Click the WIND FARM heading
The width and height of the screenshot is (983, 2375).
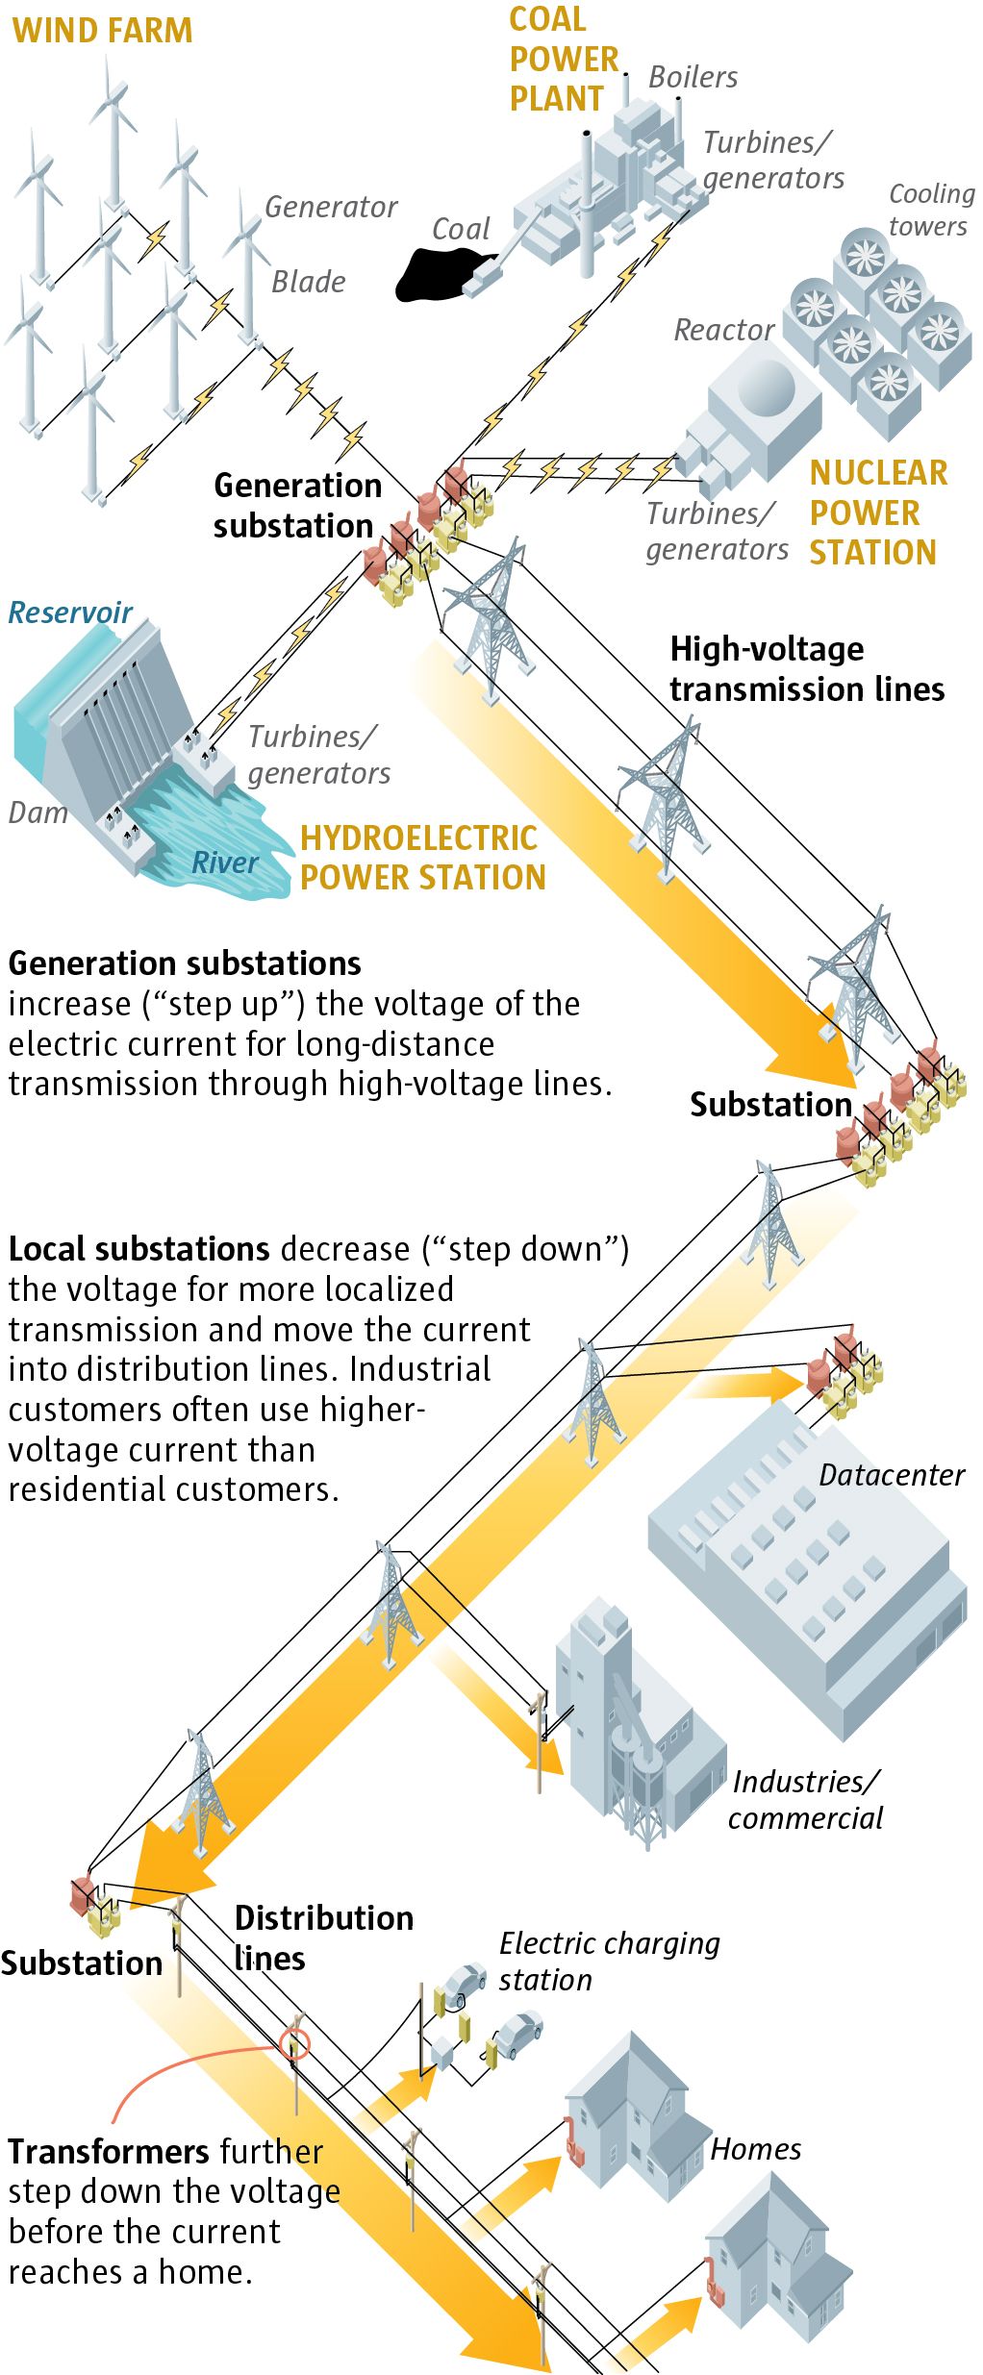coord(102,31)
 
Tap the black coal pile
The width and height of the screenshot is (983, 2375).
coord(441,273)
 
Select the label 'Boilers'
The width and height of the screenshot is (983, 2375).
coord(693,77)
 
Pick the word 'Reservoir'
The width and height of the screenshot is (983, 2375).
coord(70,612)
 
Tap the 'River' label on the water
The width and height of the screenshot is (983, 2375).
coord(224,862)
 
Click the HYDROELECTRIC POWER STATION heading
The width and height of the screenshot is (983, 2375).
coord(422,858)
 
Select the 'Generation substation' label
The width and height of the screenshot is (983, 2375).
coord(296,506)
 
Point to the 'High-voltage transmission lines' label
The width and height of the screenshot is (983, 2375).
coord(806,669)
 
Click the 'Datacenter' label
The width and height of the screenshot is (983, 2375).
coord(891,1475)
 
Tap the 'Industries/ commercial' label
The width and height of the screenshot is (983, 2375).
coord(805,1800)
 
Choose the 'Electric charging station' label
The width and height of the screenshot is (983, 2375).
coord(608,1962)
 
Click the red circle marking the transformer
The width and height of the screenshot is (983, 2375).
coord(295,2045)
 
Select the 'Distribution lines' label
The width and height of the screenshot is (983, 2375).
coord(323,1937)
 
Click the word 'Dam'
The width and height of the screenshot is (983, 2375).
coord(38,812)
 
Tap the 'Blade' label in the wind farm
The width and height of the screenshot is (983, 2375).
coord(308,282)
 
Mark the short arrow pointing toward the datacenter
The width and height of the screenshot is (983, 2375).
coord(745,1386)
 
